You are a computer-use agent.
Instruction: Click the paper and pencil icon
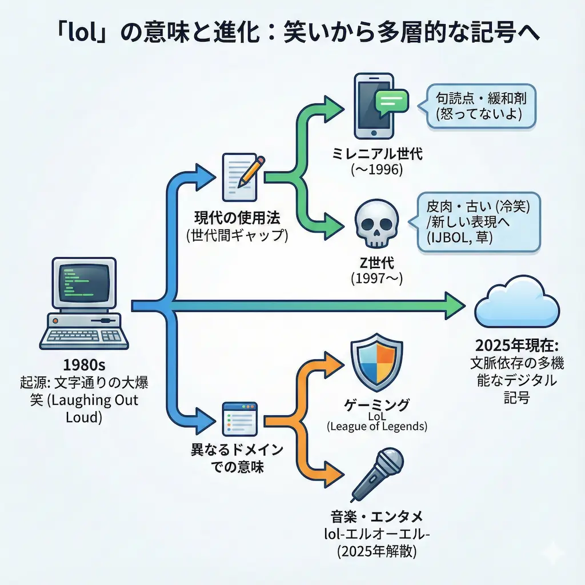[x=240, y=171]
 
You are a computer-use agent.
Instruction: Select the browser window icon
[x=240, y=417]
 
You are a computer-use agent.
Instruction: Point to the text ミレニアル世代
[x=376, y=153]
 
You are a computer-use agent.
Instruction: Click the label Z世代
[x=376, y=263]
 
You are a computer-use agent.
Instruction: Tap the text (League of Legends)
[x=377, y=426]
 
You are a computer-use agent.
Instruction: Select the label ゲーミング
[x=377, y=405]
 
